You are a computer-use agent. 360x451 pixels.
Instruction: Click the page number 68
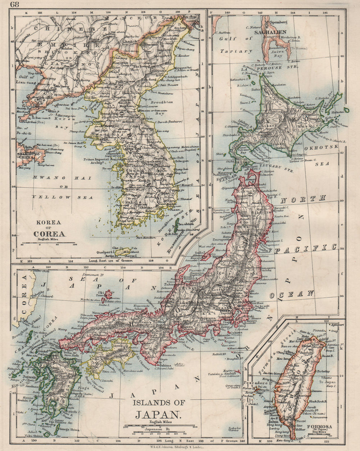pyautogui.click(x=15, y=5)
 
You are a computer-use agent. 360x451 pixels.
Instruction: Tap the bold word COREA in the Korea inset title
pyautogui.click(x=49, y=234)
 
